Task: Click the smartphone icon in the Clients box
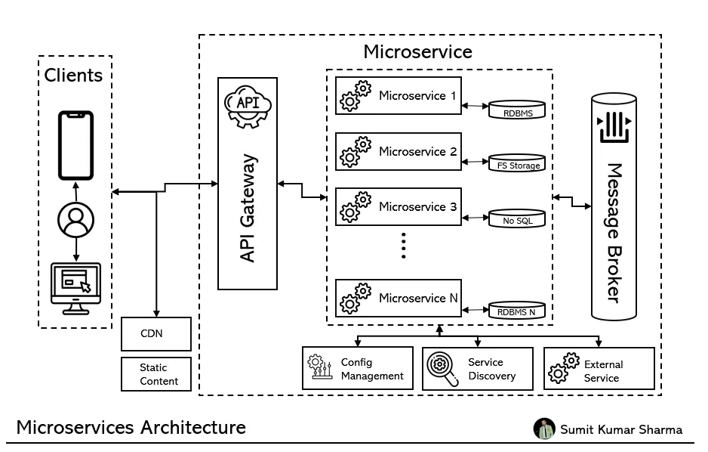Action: [x=75, y=146]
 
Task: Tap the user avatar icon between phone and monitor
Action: [x=75, y=220]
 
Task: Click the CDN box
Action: [x=156, y=333]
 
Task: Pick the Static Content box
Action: [x=156, y=374]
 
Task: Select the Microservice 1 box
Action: [x=398, y=96]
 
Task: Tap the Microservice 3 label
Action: [x=417, y=206]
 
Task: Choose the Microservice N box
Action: [x=398, y=298]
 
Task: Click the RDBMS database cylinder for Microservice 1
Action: [x=517, y=110]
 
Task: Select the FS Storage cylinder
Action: [x=517, y=162]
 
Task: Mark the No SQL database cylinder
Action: [x=517, y=218]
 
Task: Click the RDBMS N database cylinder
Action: [x=517, y=308]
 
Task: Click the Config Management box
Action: [x=358, y=368]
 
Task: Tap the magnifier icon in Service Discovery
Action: [x=442, y=368]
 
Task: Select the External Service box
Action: [x=599, y=369]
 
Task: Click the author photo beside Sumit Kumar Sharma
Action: [x=544, y=429]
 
